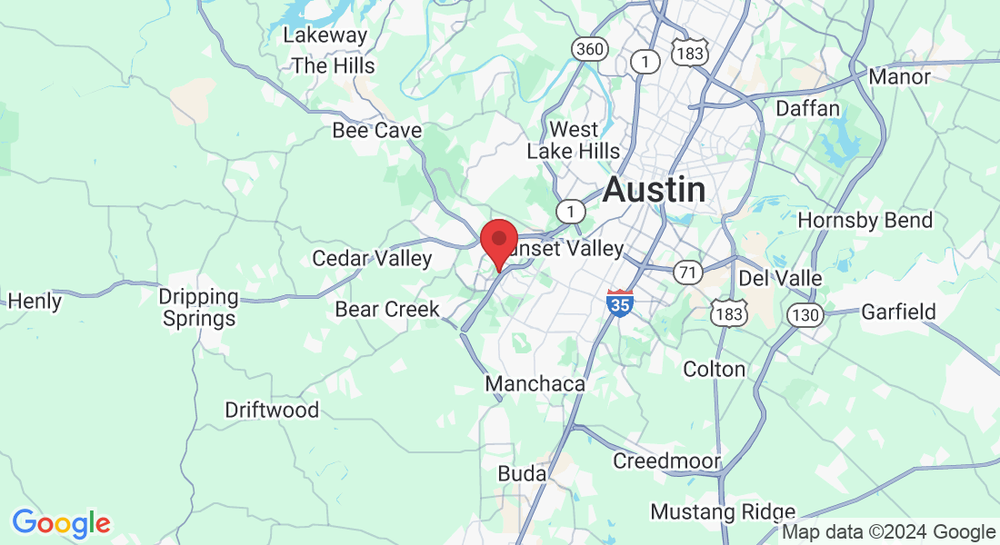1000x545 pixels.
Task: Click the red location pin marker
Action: click(498, 242)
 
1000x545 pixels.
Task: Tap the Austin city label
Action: click(654, 190)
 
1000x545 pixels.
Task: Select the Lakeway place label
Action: click(325, 35)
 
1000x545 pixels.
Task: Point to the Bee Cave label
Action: click(376, 130)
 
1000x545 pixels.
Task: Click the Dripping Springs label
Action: click(197, 308)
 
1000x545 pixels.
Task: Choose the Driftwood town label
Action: click(272, 410)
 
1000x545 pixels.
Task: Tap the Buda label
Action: click(522, 473)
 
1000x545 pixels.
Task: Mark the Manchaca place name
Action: click(535, 384)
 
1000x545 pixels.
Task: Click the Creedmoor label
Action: click(666, 461)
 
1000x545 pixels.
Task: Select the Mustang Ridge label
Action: click(723, 512)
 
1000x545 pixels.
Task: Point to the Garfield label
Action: click(898, 312)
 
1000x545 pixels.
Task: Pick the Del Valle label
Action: click(780, 277)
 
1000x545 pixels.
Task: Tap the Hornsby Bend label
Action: click(865, 220)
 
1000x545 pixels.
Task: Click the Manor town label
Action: click(899, 76)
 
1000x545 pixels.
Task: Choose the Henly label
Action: click(35, 301)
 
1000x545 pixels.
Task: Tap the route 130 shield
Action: click(807, 315)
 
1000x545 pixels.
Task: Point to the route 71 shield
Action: click(687, 271)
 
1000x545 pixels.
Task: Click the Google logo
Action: click(61, 524)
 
